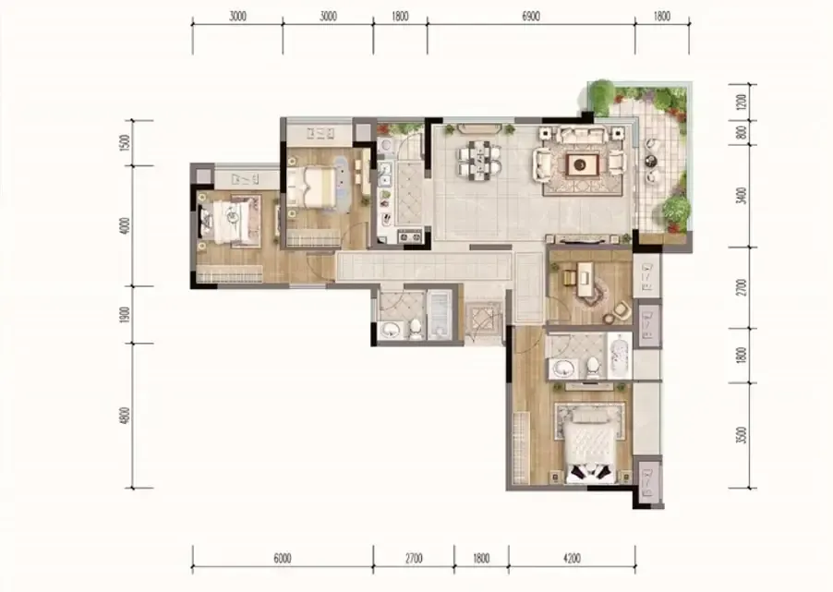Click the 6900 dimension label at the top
[531, 17]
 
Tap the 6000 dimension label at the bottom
[282, 559]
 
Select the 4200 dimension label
[572, 559]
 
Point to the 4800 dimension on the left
[125, 416]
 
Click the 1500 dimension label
[125, 142]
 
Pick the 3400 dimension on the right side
[742, 196]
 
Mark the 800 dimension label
[742, 132]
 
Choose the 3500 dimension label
[742, 435]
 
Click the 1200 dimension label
[742, 102]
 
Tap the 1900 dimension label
[125, 315]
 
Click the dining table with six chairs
[479, 159]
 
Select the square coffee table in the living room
[582, 164]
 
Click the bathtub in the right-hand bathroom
[619, 356]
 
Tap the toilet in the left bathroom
[416, 329]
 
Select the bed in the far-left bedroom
[228, 221]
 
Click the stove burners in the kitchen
[410, 236]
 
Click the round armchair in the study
[621, 310]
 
